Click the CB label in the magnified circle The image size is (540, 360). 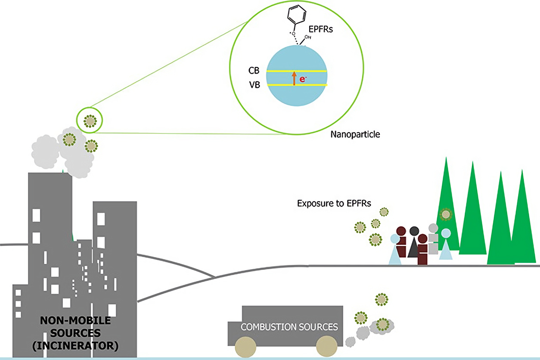254,71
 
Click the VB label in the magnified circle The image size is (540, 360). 254,85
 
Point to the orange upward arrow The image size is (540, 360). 295,78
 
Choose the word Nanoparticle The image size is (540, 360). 355,134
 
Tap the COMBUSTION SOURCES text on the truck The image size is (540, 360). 289,327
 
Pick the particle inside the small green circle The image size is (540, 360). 90,121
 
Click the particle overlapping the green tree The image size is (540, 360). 446,214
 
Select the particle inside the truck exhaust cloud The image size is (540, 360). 382,324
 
